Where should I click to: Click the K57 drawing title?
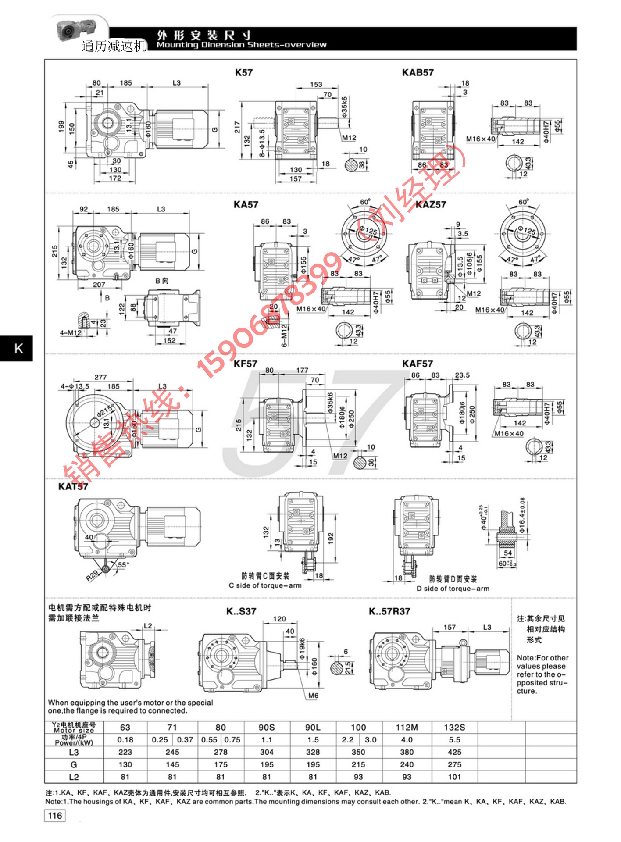pyautogui.click(x=243, y=73)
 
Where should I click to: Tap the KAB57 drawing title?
pyautogui.click(x=418, y=73)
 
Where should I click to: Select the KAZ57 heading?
pyautogui.click(x=431, y=205)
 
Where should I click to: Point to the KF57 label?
pyautogui.click(x=245, y=364)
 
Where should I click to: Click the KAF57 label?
pyautogui.click(x=417, y=364)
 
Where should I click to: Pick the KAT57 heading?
pyautogui.click(x=73, y=486)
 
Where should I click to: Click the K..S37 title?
pyautogui.click(x=241, y=611)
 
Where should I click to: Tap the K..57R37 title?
pyautogui.click(x=389, y=611)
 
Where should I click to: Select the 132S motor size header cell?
pyautogui.click(x=454, y=727)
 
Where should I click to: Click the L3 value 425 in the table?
pyautogui.click(x=454, y=752)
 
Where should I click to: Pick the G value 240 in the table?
pyautogui.click(x=407, y=764)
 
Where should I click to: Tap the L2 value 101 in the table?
pyautogui.click(x=454, y=777)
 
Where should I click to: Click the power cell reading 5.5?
pyautogui.click(x=454, y=740)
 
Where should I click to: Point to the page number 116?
pyautogui.click(x=55, y=816)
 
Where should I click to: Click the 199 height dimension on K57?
pyautogui.click(x=61, y=127)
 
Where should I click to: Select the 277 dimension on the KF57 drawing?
pyautogui.click(x=100, y=377)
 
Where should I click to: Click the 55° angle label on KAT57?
pyautogui.click(x=123, y=565)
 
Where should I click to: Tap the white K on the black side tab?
pyautogui.click(x=19, y=349)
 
